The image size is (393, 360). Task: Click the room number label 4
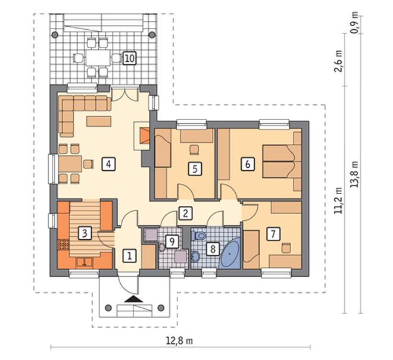108,164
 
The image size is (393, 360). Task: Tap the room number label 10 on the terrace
130,58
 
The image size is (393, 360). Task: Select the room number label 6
247,164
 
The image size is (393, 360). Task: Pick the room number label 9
172,242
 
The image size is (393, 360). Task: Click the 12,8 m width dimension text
179,341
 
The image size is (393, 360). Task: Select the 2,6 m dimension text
339,61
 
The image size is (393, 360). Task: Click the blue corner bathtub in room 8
230,254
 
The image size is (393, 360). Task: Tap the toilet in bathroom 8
199,236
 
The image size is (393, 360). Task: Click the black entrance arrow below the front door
134,299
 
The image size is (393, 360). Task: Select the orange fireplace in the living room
145,136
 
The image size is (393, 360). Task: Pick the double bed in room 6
282,161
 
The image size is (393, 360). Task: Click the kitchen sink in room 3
85,262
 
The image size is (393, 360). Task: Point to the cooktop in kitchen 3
63,245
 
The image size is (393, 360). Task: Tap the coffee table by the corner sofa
98,121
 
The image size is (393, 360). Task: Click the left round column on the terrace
55,35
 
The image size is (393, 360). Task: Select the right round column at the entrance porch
160,308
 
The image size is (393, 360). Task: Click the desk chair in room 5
194,150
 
